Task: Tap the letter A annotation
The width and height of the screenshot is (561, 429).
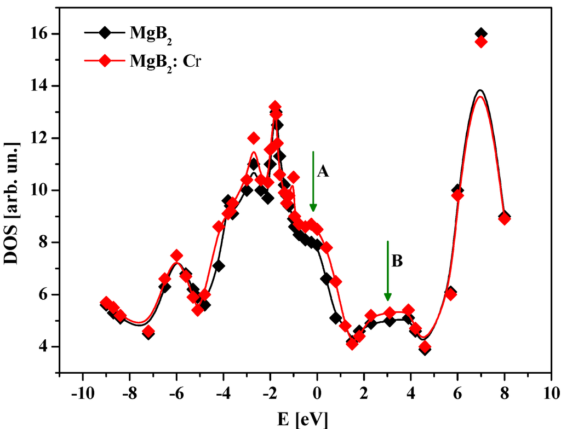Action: click(x=323, y=172)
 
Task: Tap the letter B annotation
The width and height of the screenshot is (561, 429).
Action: click(x=397, y=262)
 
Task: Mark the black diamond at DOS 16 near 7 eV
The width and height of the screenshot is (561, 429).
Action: click(x=481, y=34)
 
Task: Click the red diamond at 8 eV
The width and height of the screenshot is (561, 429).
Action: click(x=505, y=219)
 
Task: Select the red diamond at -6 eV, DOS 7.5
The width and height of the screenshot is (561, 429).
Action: click(x=176, y=256)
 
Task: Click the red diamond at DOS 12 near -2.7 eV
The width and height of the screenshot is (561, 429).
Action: click(x=254, y=138)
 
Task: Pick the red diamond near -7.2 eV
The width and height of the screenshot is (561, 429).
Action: click(x=148, y=331)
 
